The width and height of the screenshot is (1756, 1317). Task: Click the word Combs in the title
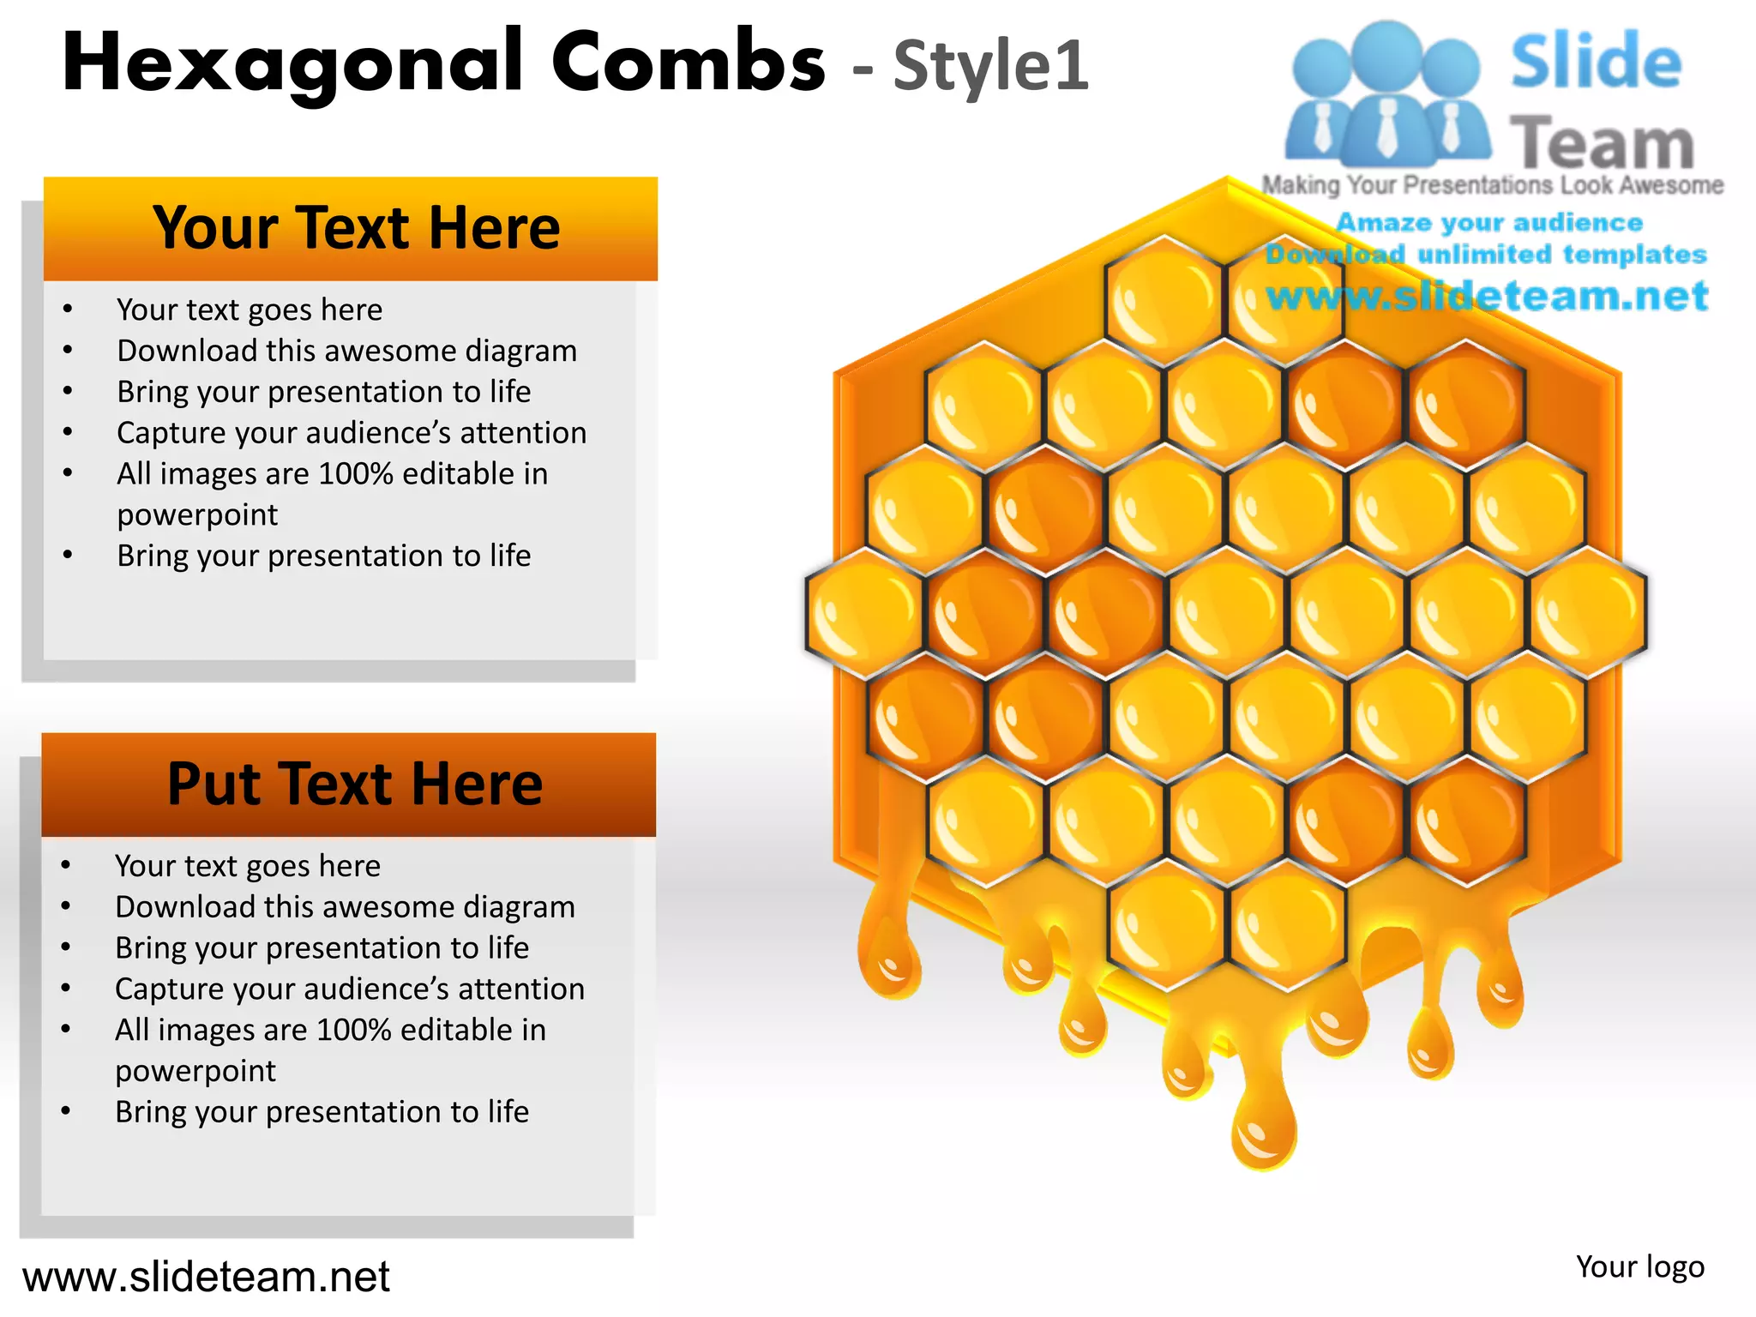tap(688, 62)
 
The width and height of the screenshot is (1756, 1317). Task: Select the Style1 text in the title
tap(991, 67)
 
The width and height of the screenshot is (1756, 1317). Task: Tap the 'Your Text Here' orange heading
tap(356, 228)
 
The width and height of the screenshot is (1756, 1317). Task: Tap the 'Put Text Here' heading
tap(354, 784)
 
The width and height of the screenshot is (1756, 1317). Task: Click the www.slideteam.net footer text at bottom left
tap(206, 1277)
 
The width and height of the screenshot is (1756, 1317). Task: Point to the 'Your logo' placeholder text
tap(1639, 1266)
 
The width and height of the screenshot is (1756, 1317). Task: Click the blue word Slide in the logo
tap(1596, 62)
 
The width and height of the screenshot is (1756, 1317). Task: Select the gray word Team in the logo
tap(1602, 143)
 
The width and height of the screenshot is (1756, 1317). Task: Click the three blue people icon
tap(1386, 94)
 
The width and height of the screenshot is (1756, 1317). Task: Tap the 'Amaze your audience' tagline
tap(1489, 223)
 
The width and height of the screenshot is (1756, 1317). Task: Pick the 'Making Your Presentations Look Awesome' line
tap(1492, 185)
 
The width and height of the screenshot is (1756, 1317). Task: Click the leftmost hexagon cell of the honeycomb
tap(864, 611)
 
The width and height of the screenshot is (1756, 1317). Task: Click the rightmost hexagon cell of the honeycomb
tap(1588, 611)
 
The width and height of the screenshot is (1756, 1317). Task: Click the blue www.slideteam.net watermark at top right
tap(1487, 297)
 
